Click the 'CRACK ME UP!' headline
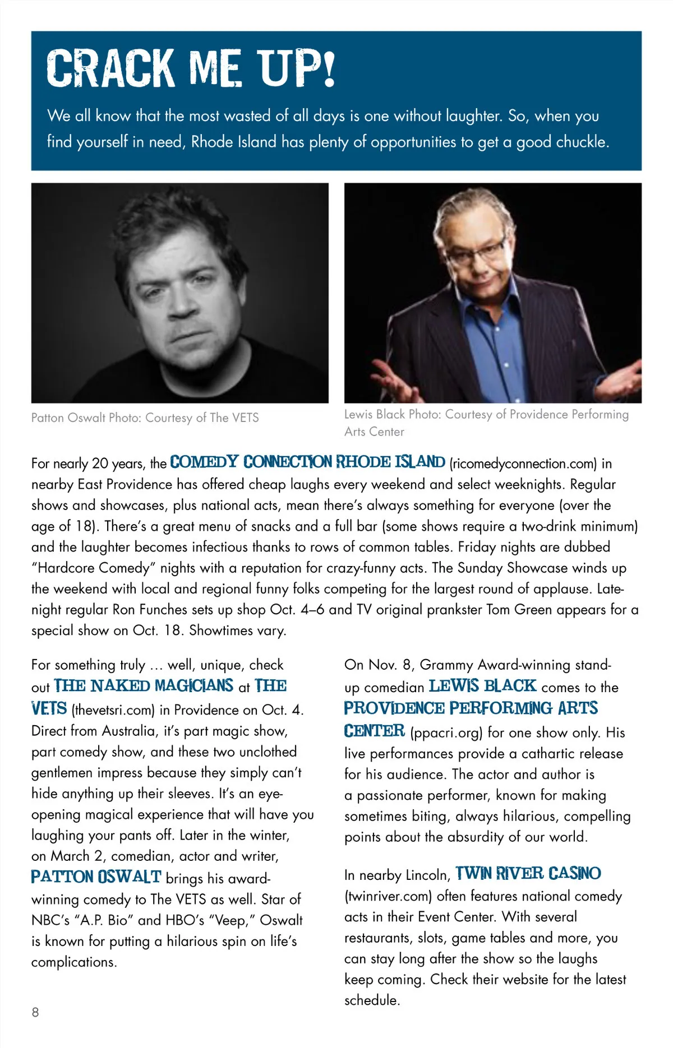[x=191, y=68]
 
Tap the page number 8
[x=35, y=1012]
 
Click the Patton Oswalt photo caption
[x=145, y=418]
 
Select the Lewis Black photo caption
[x=486, y=422]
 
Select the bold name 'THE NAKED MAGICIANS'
[x=144, y=686]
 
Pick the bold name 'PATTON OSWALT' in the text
[x=96, y=877]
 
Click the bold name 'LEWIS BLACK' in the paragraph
[x=482, y=686]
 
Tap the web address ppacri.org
[x=446, y=732]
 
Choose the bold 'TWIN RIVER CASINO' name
[x=528, y=873]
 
